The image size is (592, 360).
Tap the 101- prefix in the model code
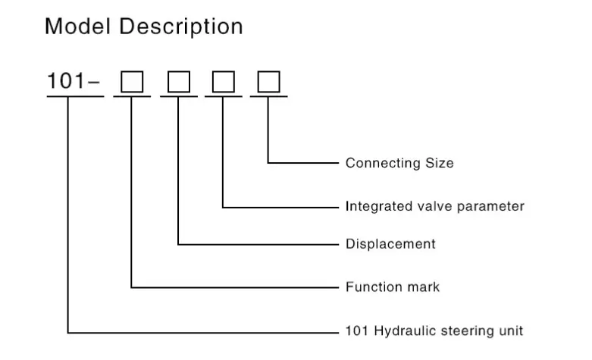point(74,81)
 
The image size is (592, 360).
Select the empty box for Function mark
point(133,82)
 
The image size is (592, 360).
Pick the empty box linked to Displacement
point(178,82)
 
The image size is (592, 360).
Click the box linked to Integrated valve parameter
point(223,82)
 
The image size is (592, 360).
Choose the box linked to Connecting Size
point(268,82)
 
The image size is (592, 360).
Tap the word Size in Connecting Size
point(439,163)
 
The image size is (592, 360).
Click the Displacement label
point(390,244)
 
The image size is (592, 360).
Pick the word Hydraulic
point(402,331)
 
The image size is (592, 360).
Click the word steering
point(468,331)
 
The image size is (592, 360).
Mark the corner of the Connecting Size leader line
point(268,162)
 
